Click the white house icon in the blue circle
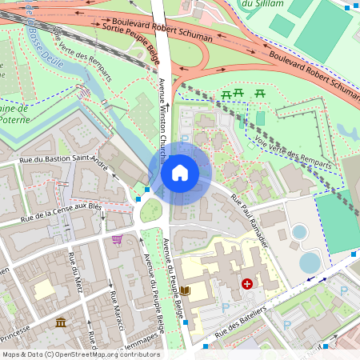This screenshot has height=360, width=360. pyautogui.click(x=179, y=172)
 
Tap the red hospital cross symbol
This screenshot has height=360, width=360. pyautogui.click(x=247, y=284)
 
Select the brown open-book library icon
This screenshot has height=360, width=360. pyautogui.click(x=186, y=290)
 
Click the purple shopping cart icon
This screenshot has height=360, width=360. pyautogui.click(x=118, y=238)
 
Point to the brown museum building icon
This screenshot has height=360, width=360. pyautogui.click(x=61, y=322)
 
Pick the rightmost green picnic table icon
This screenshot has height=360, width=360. pyautogui.click(x=261, y=94)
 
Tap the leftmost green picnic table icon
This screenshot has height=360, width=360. pyautogui.click(x=226, y=94)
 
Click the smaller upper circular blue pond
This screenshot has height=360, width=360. pyautogui.click(x=299, y=232)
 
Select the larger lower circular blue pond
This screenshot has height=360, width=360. pyautogui.click(x=310, y=262)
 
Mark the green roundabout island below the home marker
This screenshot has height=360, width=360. pyautogui.click(x=151, y=210)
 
